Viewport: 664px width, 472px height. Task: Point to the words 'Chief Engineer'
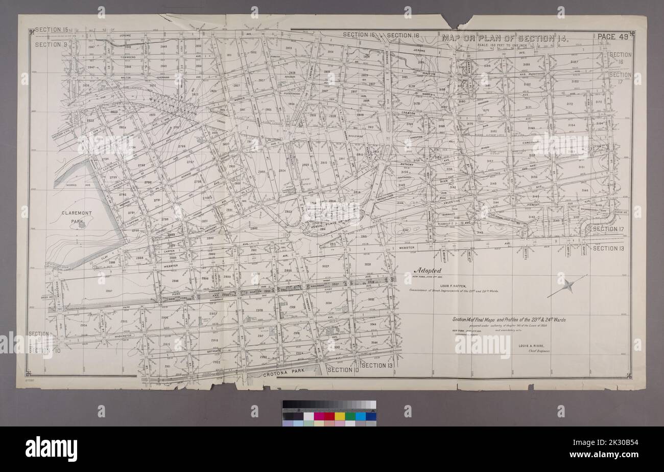537,352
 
